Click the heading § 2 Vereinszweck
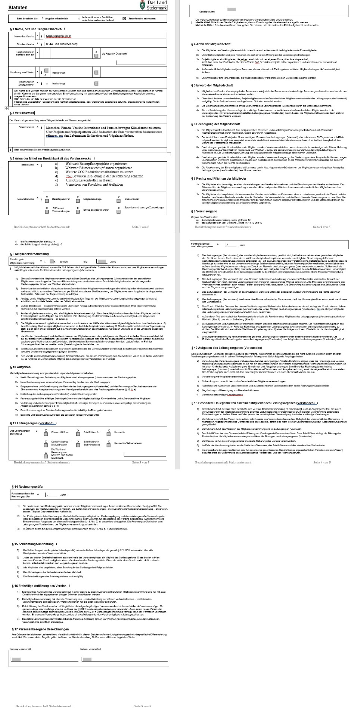click(22, 113)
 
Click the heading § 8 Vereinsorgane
click(204, 211)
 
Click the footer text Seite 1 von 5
click(140, 227)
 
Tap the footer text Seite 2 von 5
click(322, 227)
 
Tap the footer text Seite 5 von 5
click(142, 706)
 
